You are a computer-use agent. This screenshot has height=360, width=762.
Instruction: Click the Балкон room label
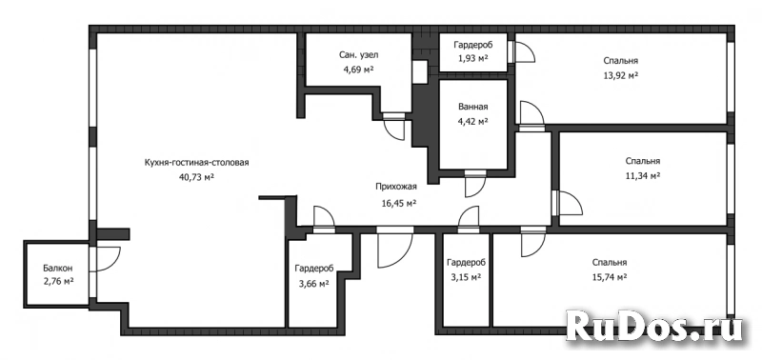[x=58, y=268]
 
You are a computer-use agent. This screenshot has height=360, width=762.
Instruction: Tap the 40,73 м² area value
[x=197, y=177]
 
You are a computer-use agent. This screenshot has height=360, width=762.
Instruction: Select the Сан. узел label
[x=359, y=55]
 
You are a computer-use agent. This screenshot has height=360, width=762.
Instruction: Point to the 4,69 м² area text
[x=359, y=70]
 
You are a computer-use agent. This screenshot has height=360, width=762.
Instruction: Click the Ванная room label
[x=472, y=107]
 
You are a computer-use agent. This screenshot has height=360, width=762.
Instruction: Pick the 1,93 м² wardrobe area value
[x=472, y=59]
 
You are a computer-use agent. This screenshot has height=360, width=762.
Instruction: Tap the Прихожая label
[x=396, y=186]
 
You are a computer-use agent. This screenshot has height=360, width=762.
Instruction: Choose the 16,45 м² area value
[x=398, y=202]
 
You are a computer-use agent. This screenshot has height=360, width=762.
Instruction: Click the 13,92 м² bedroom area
[x=621, y=75]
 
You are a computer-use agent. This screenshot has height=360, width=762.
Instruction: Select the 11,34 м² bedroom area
[x=642, y=175]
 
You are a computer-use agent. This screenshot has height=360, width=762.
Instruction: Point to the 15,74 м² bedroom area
[x=609, y=277]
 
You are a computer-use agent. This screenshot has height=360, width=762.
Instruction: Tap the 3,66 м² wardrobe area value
[x=314, y=283]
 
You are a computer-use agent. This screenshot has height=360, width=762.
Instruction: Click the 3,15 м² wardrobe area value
[x=466, y=277]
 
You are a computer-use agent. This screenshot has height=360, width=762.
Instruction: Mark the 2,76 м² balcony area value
[x=58, y=281]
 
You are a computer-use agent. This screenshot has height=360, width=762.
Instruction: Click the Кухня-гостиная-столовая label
[x=197, y=163]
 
